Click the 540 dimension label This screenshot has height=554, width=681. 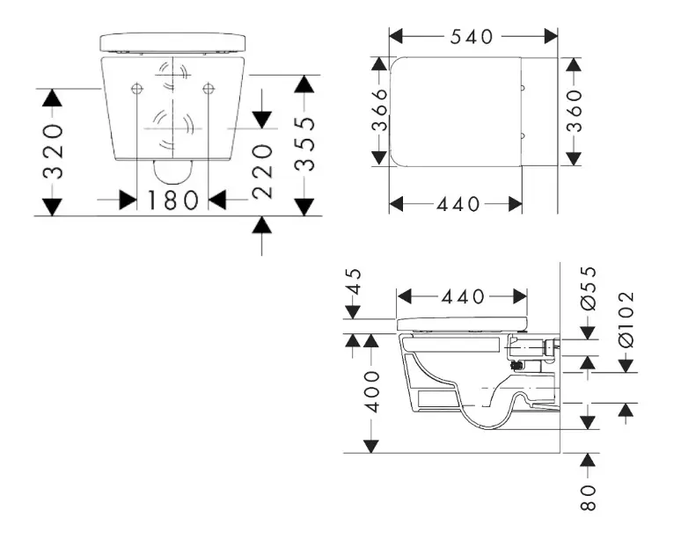coord(472,37)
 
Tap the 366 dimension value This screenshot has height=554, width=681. coord(379,110)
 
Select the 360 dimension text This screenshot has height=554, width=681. coord(574,111)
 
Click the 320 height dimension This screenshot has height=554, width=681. coord(53,151)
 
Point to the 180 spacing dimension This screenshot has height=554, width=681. coord(172,200)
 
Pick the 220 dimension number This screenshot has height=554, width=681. coord(262,172)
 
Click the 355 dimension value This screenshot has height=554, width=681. coord(304,144)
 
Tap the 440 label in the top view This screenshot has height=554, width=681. coord(458,204)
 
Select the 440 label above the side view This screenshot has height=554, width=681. coord(463,297)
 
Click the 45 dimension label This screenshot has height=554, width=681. coord(355,281)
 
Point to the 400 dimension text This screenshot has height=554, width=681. coord(372,391)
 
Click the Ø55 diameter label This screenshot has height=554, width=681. coord(588,288)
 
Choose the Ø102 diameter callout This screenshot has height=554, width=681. coord(626,320)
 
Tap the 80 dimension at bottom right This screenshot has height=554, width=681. coord(588,498)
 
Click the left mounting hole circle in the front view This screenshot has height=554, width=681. coord(136,89)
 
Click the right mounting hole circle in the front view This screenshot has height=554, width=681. coord(209,89)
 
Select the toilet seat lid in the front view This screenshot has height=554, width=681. coord(172,42)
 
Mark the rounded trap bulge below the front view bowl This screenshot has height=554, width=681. coord(173,171)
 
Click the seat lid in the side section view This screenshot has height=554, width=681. coord(463,324)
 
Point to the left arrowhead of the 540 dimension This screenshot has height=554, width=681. coord(396,37)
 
